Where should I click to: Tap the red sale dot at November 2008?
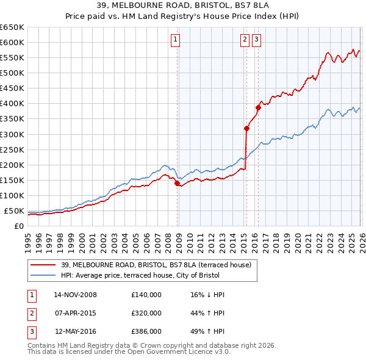point(177,183)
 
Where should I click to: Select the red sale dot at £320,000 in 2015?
point(246,128)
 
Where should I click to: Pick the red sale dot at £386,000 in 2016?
point(258,107)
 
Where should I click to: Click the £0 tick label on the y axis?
point(18,226)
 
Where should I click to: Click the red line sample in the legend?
point(43,265)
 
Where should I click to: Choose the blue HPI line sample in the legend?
point(43,275)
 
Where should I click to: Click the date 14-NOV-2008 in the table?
point(75,295)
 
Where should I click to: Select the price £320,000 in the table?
point(146,313)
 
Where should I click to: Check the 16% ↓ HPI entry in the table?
point(207,295)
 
